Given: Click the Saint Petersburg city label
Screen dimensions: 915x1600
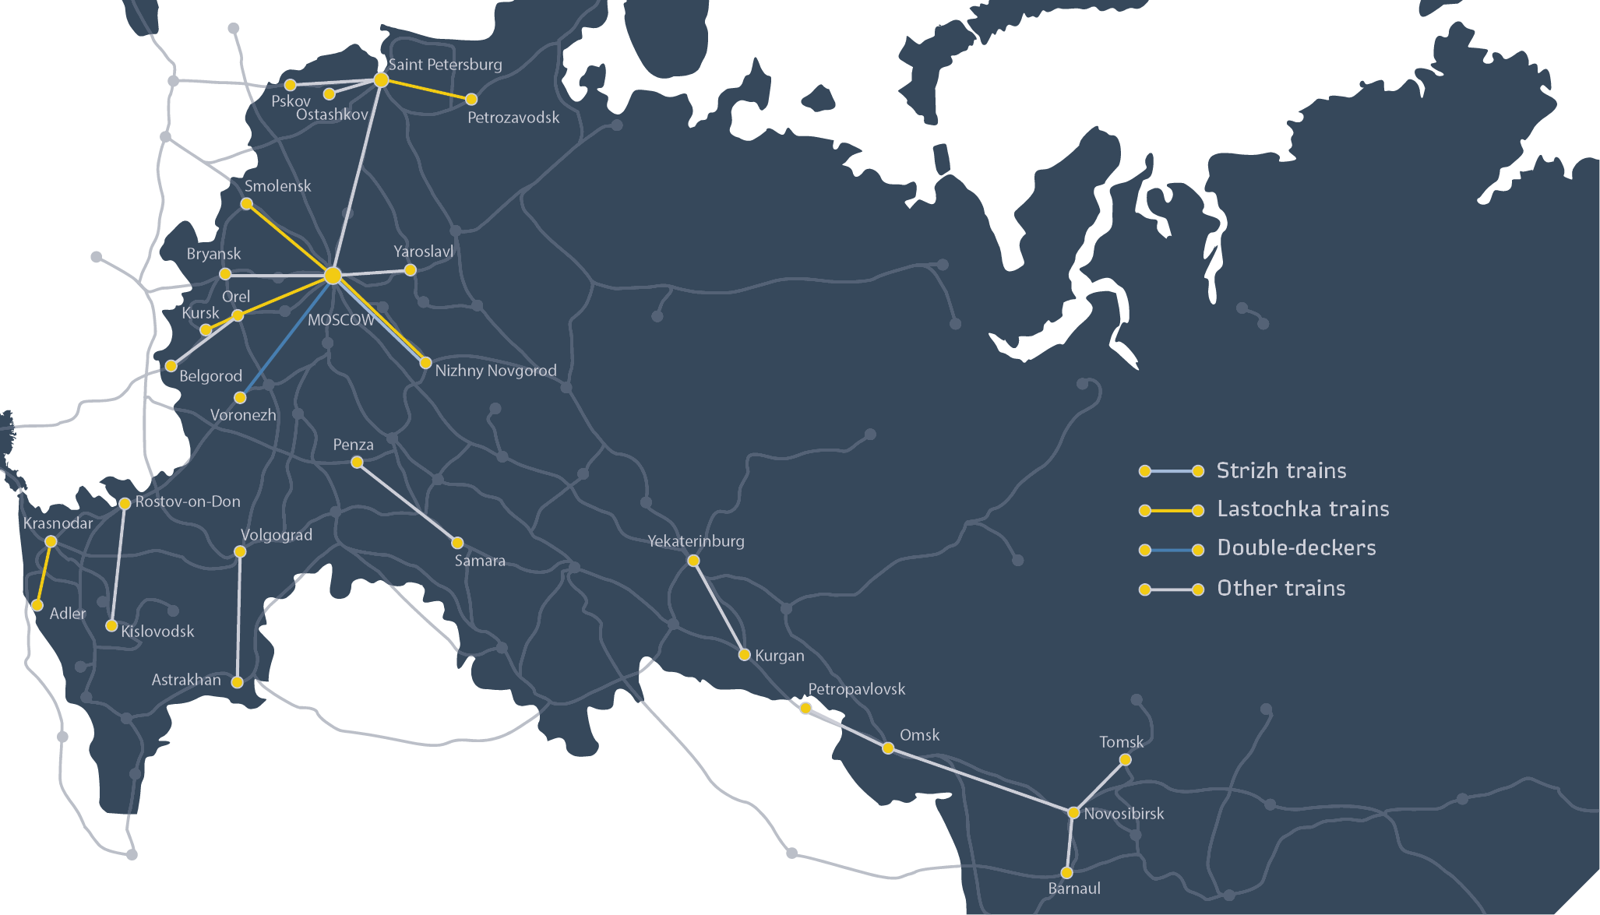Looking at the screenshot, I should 445,65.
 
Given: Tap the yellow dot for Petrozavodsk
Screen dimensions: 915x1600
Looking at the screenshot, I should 471,99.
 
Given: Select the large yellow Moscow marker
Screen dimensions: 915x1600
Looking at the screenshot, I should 333,276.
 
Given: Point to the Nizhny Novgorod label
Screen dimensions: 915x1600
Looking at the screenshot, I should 495,371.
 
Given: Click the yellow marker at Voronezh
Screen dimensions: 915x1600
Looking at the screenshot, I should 240,398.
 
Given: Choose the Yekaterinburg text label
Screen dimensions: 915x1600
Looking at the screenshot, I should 696,541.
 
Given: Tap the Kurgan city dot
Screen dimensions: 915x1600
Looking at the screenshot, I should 744,655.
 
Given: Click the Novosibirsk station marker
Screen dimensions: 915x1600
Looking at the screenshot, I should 1073,812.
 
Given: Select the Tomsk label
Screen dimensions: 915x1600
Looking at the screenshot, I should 1121,742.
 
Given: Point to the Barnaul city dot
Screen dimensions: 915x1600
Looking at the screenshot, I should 1066,873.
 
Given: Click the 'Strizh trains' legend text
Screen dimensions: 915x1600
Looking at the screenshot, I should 1281,470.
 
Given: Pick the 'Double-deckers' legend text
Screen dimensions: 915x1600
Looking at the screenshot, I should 1296,548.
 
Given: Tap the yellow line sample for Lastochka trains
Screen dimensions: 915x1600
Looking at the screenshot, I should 1171,511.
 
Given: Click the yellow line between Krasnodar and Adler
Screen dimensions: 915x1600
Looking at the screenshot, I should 44,573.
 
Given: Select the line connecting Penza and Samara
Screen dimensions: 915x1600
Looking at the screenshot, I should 407,502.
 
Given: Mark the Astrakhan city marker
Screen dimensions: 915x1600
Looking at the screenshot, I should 238,682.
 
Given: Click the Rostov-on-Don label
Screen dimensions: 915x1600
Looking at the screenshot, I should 188,501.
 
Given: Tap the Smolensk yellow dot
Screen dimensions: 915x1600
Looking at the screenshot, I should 246,204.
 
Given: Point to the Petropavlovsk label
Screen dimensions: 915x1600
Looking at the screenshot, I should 856,689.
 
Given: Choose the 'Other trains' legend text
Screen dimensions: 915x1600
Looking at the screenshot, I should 1281,589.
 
